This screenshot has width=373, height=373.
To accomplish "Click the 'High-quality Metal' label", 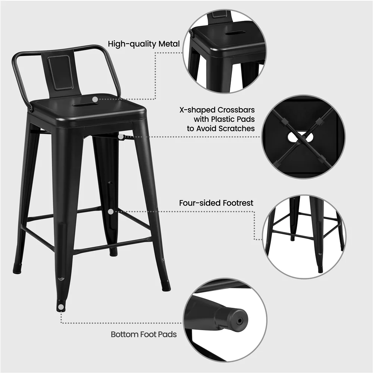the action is pyautogui.click(x=144, y=44).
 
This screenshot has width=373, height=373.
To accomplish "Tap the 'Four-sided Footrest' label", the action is pyautogui.click(x=216, y=203).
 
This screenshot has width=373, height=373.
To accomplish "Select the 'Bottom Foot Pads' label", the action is pyautogui.click(x=144, y=334).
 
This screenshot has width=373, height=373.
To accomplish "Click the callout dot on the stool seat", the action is pyautogui.click(x=95, y=99).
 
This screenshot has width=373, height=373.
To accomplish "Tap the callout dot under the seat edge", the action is pyautogui.click(x=121, y=137).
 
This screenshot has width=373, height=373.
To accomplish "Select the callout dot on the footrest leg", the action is pyautogui.click(x=110, y=211).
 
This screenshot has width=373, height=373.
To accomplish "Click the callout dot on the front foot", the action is pyautogui.click(x=61, y=307).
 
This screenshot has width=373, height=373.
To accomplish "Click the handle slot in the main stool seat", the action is pyautogui.click(x=85, y=104).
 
